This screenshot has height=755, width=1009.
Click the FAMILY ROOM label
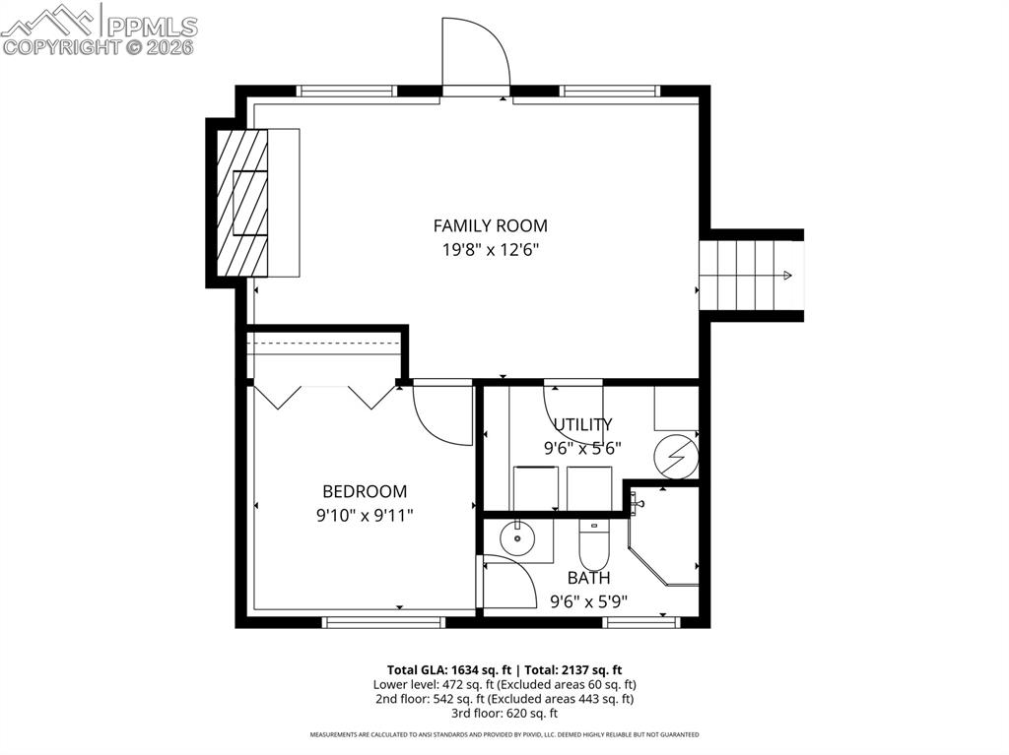tap(490, 225)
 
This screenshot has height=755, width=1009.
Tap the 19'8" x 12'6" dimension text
tap(490, 250)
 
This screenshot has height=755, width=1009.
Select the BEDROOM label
tap(365, 491)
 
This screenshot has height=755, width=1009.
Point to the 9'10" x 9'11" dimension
tap(365, 514)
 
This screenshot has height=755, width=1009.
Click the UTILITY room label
tap(581, 424)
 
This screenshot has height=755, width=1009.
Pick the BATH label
tap(588, 578)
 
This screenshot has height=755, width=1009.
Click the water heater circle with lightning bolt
tap(677, 457)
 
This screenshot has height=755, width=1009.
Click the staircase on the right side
tap(749, 275)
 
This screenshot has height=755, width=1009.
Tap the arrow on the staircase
tap(786, 276)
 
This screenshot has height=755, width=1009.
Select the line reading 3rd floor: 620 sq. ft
tap(504, 713)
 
